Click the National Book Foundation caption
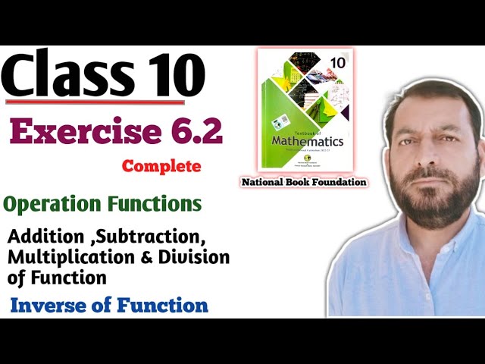[x=303, y=182]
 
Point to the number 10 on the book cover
[x=337, y=61]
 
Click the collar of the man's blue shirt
[x=394, y=246]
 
